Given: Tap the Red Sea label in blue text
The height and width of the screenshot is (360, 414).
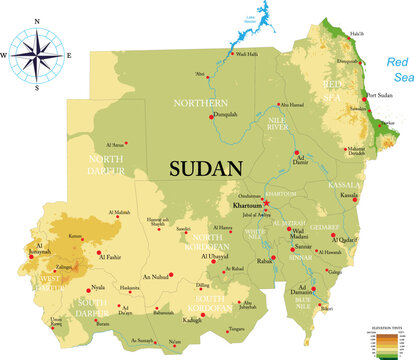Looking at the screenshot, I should tap(399, 71).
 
